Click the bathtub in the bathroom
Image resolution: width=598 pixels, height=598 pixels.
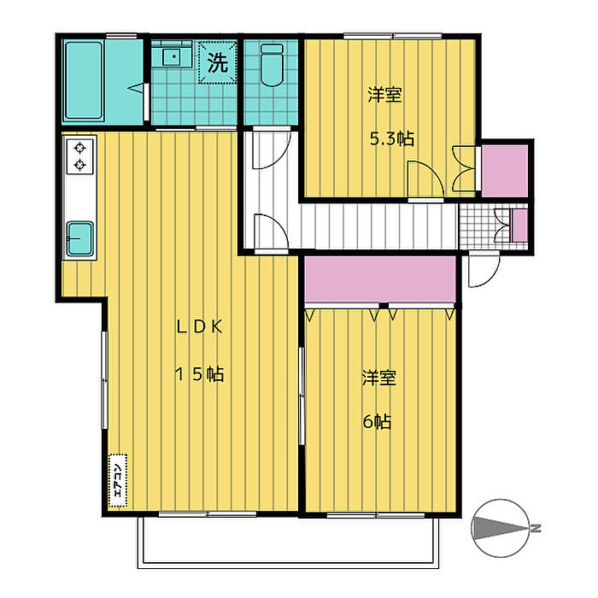pos(84,80)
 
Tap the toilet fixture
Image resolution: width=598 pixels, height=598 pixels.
pos(272,64)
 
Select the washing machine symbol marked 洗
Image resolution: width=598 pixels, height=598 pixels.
pos(217,62)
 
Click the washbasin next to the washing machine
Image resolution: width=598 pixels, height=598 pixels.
pos(173,57)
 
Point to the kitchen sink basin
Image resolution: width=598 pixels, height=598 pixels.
pos(80,238)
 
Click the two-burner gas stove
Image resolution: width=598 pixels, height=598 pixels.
pos(79,156)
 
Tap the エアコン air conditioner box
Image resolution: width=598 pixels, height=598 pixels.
pos(118,480)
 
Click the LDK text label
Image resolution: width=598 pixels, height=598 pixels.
pos(199,327)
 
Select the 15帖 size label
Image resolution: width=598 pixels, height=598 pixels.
pos(199,374)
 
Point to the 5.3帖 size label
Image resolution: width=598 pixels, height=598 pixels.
pos(391,138)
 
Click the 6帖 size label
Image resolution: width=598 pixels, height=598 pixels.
pos(377,422)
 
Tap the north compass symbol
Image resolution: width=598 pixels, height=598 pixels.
pos(502,528)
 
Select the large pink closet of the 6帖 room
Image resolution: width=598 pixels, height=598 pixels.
pos(380,279)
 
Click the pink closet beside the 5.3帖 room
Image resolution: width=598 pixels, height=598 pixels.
pos(505,170)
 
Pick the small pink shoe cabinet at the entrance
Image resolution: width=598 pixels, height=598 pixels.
pos(519,226)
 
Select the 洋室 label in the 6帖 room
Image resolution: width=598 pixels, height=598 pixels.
pos(379,378)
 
